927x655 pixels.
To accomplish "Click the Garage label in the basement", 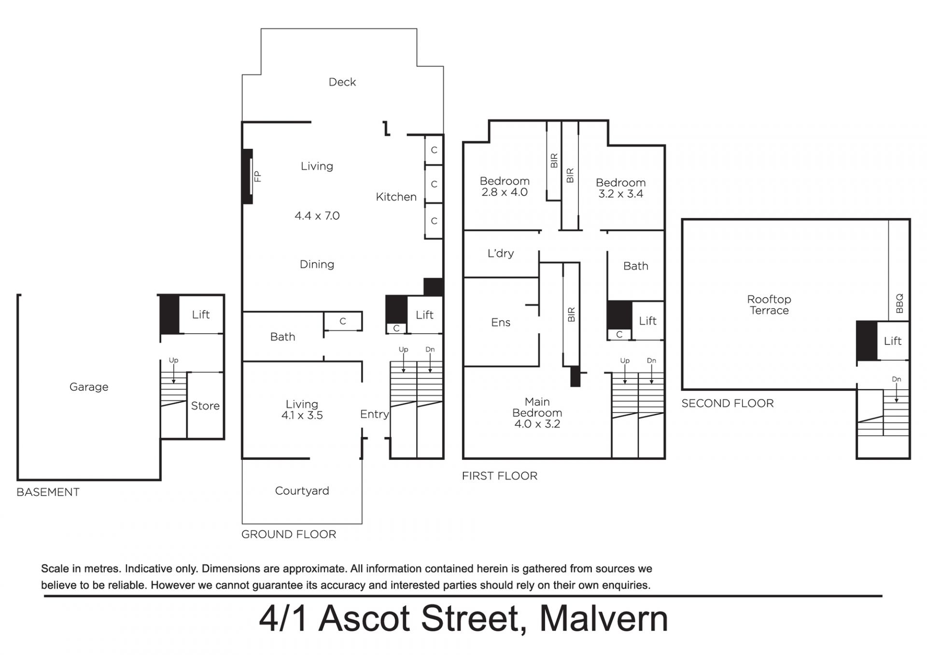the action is [89, 387].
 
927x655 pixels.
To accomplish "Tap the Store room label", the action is [205, 406].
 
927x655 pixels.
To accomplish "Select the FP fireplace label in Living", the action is [257, 176].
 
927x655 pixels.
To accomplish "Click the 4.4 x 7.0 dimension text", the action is [317, 216].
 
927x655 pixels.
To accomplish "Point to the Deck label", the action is [342, 82].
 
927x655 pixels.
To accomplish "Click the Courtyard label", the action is [302, 491].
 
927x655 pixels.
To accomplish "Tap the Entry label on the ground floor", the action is [374, 414].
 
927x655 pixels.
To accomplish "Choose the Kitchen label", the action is [396, 197].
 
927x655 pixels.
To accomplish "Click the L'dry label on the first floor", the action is [501, 254].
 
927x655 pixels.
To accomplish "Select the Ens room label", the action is [501, 323].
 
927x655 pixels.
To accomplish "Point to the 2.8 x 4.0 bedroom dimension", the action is [505, 192].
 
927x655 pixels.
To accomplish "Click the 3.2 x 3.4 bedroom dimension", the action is [621, 194].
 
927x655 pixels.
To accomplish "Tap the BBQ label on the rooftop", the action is [899, 303].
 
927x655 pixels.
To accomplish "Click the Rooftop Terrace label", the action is [769, 305].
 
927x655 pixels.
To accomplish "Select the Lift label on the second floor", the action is [893, 341].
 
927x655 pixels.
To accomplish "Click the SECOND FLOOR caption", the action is [728, 403].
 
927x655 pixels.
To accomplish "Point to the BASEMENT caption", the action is [48, 492].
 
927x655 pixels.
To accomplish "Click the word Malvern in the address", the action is [604, 619].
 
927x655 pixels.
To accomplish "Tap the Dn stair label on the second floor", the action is [897, 380].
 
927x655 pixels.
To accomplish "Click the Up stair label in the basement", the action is [173, 360].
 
